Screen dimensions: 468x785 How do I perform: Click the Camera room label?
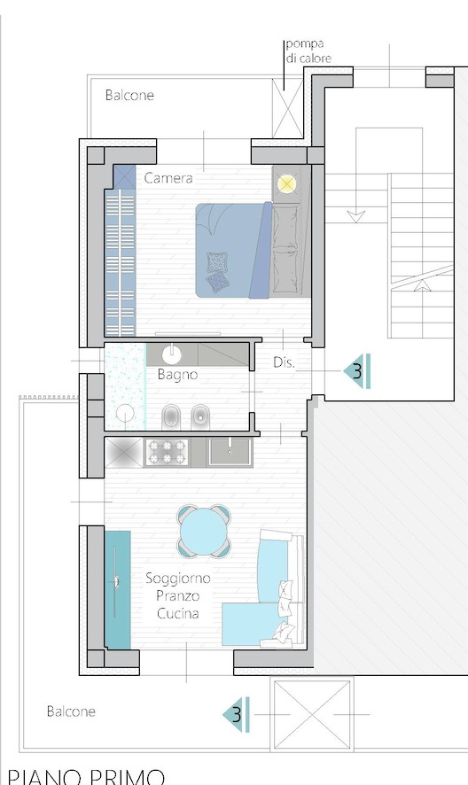click(x=168, y=178)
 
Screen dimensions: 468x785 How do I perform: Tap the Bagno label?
click(x=177, y=375)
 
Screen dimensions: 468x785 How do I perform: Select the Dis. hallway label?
click(x=284, y=363)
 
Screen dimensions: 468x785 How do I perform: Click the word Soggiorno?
click(x=178, y=579)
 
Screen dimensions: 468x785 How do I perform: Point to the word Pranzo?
click(x=178, y=595)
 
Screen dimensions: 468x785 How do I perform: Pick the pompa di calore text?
click(x=308, y=51)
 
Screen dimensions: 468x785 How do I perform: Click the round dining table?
click(x=204, y=532)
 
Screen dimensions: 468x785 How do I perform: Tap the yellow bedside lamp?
click(x=286, y=184)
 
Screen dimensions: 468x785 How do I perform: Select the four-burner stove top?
click(x=167, y=452)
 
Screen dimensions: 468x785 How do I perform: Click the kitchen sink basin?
click(x=230, y=452)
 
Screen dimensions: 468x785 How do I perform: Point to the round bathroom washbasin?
click(x=172, y=354)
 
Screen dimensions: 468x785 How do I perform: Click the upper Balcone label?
click(x=129, y=95)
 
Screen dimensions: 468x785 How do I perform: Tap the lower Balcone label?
click(x=71, y=711)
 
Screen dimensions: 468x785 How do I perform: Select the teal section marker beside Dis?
click(x=357, y=371)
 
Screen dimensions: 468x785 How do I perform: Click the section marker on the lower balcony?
click(x=236, y=714)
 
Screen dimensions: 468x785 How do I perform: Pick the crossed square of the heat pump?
click(x=287, y=108)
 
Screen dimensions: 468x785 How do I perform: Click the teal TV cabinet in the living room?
click(x=118, y=590)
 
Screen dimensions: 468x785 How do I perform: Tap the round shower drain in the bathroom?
click(x=125, y=414)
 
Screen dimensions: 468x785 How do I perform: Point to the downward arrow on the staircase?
click(x=355, y=217)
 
